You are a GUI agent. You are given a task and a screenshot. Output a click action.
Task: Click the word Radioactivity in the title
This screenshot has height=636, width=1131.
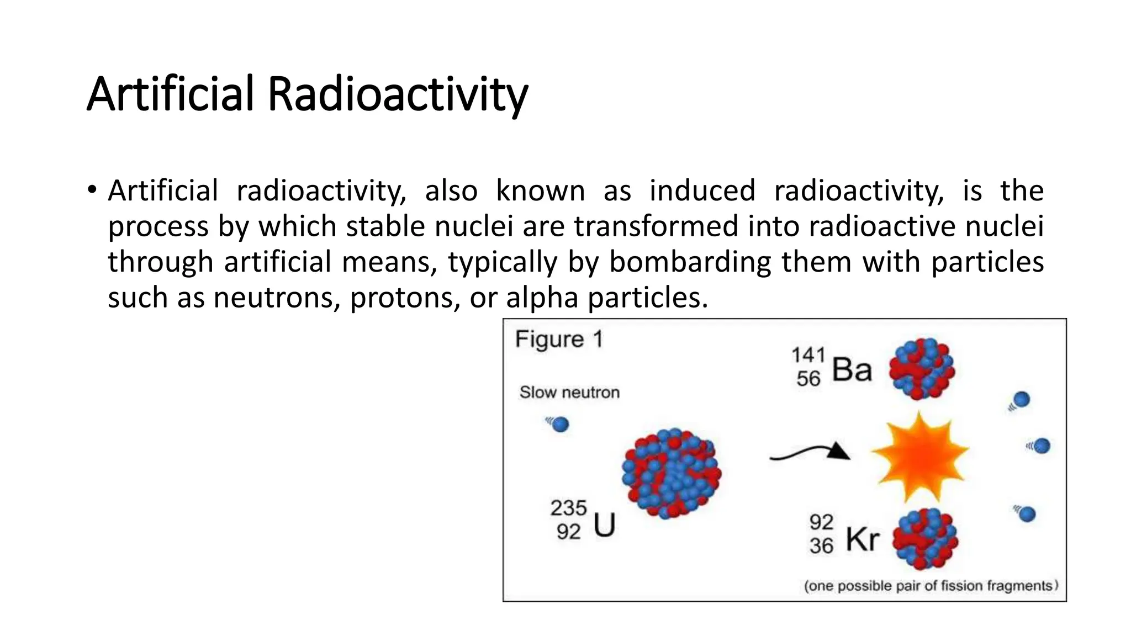pyautogui.click(x=398, y=94)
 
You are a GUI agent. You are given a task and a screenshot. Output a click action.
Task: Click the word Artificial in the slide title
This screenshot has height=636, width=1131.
pyautogui.click(x=170, y=94)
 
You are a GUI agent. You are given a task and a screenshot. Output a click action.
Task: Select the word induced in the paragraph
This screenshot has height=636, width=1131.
pyautogui.click(x=702, y=191)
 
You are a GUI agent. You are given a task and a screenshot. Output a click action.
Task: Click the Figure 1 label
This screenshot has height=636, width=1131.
pyautogui.click(x=558, y=339)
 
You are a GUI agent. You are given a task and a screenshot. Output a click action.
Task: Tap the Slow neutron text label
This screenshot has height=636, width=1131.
pyautogui.click(x=569, y=393)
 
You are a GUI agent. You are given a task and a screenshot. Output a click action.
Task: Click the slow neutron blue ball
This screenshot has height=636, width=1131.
pyautogui.click(x=560, y=425)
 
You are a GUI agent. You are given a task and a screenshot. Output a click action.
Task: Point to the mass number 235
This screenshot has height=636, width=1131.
pyautogui.click(x=568, y=508)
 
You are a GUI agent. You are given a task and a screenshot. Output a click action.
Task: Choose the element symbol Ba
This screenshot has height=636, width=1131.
pyautogui.click(x=852, y=369)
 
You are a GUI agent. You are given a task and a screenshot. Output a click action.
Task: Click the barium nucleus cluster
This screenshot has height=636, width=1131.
pyautogui.click(x=922, y=368)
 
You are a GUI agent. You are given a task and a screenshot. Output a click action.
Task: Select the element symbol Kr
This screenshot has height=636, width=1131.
pyautogui.click(x=862, y=539)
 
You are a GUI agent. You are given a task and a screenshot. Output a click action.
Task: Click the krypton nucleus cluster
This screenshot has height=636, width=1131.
pyautogui.click(x=925, y=539)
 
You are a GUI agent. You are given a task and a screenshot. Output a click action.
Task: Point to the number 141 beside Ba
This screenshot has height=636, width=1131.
pyautogui.click(x=808, y=355)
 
